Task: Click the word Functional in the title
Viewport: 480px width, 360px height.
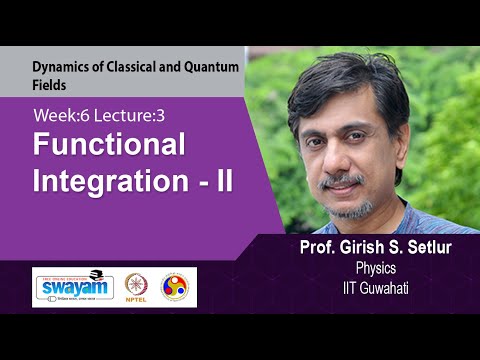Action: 110,146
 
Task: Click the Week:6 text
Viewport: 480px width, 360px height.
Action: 61,115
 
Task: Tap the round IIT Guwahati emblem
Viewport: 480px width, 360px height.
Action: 179,287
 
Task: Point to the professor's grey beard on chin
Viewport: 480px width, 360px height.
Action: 347,207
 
